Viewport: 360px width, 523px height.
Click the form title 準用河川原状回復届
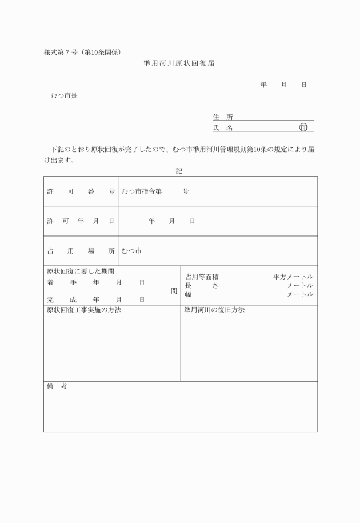point(179,63)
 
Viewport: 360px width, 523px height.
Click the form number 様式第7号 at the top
point(64,53)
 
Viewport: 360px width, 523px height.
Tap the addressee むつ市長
point(64,95)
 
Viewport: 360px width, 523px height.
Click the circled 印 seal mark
point(303,128)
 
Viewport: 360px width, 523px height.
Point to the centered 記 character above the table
point(179,170)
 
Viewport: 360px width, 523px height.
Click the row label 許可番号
point(81,191)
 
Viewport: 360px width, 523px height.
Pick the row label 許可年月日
point(81,221)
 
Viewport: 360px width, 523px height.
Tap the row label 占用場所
point(81,251)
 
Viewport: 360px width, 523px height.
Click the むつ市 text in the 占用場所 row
point(131,251)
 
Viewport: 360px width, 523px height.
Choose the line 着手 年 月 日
point(95,282)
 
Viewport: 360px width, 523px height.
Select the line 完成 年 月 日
point(95,300)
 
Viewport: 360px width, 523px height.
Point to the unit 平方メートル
point(293,277)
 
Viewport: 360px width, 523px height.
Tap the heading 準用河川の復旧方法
point(214,310)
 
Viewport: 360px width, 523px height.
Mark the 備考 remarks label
point(57,387)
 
